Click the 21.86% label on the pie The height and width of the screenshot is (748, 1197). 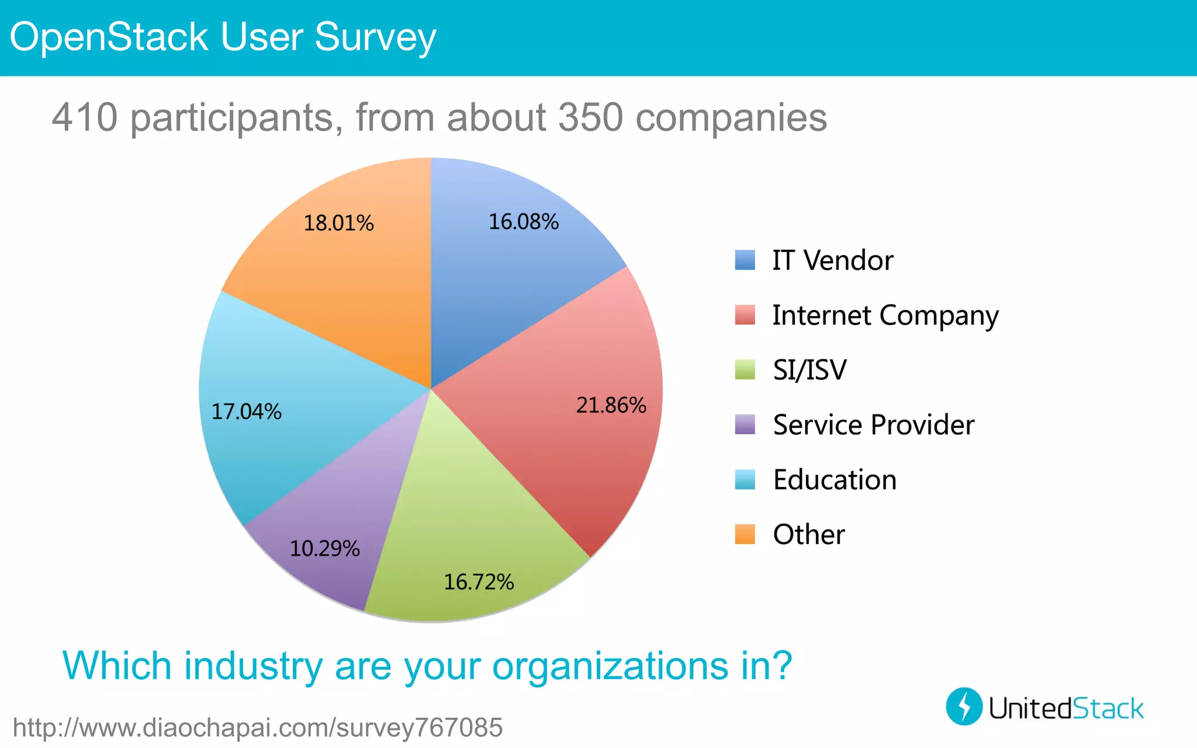coord(611,405)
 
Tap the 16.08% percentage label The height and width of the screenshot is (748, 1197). coord(523,221)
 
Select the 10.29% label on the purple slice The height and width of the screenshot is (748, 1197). coord(324,548)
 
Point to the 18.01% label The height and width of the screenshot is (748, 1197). coord(338,223)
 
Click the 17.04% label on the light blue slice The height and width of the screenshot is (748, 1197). coord(246,411)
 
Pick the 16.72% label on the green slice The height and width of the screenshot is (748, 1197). coord(479,581)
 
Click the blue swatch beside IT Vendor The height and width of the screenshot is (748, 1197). coord(745,260)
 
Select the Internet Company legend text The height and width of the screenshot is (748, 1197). coord(885,316)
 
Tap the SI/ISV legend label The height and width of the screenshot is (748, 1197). coord(809,370)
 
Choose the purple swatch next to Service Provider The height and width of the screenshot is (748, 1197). coord(745,424)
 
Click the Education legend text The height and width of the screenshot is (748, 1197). coord(834,480)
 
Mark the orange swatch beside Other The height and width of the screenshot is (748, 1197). coord(745,534)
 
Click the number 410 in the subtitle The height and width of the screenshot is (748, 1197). coord(85,117)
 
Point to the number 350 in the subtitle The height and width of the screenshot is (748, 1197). coord(591,117)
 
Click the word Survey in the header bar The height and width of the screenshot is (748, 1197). coord(375,37)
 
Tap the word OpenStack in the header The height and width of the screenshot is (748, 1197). coord(109,37)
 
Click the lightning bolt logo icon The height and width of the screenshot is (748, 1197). coord(964,706)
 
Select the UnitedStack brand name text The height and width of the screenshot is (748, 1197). coord(1065,708)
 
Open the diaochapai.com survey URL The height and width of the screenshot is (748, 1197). coord(257,728)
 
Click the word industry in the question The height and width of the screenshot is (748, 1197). coord(253,666)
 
